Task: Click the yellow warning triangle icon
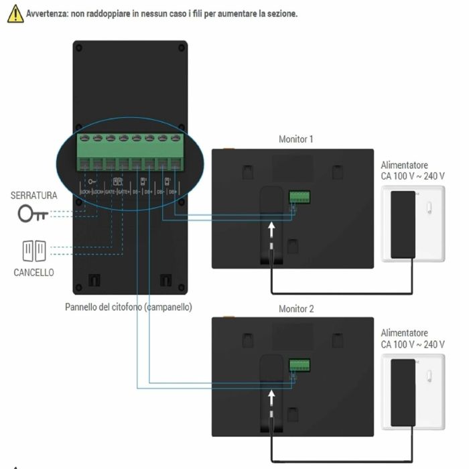tap(15, 14)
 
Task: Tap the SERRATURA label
tap(33, 196)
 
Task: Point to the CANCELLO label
tap(33, 273)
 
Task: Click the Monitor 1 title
tap(296, 139)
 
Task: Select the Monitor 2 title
tap(296, 310)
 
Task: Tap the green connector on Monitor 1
tap(299, 197)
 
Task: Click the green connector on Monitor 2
tap(299, 365)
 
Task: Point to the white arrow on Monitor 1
tap(272, 230)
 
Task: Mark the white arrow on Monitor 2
tap(272, 399)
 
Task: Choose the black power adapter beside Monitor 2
tap(402, 391)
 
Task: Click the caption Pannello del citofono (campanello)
tap(129, 307)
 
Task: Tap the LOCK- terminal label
tap(85, 192)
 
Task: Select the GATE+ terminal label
tap(123, 192)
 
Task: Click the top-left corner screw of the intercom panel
tap(79, 48)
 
